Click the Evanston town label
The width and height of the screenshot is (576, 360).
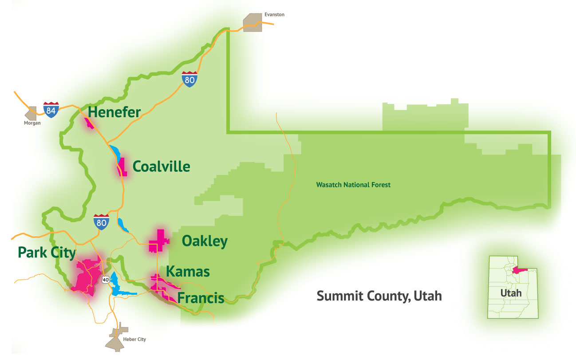(274, 15)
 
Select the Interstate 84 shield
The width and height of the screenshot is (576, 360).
(51, 109)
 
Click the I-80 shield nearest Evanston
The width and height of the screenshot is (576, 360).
(189, 79)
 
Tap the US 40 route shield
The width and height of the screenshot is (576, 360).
(105, 279)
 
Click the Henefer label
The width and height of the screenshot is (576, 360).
(114, 112)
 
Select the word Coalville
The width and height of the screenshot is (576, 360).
(162, 167)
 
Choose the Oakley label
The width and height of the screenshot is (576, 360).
(205, 241)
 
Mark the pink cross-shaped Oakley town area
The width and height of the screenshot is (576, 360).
(158, 241)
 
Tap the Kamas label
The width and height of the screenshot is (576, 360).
(188, 271)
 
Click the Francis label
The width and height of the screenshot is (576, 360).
(201, 298)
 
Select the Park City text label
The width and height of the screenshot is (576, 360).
(47, 253)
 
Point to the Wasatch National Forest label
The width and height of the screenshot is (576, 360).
(353, 185)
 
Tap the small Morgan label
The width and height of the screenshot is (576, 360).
(32, 123)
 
